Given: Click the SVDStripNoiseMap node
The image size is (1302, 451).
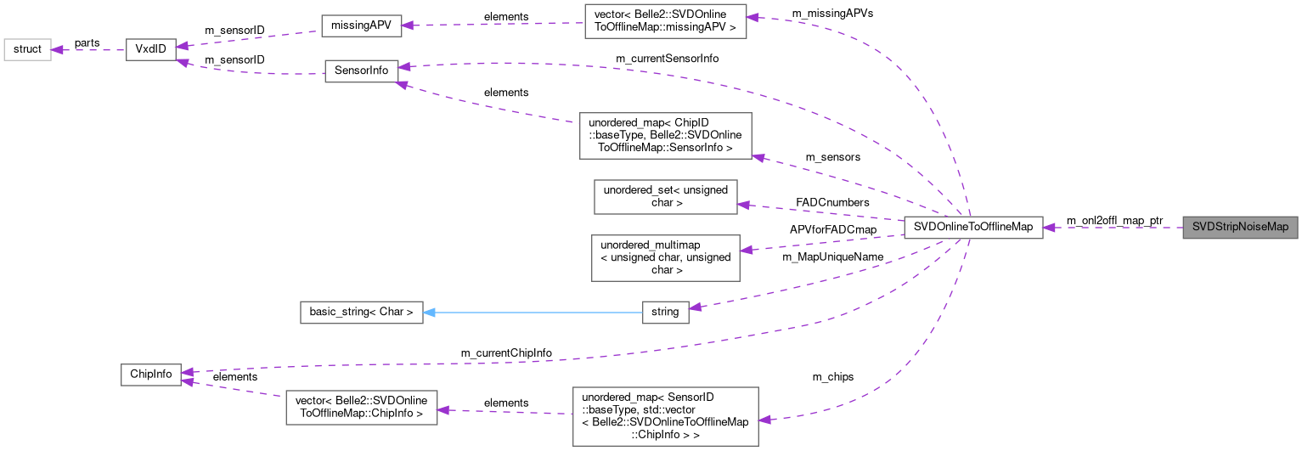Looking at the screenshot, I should [1240, 227].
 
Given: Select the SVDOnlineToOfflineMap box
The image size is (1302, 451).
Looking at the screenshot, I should [973, 227].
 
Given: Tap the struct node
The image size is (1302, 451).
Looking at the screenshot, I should [27, 49].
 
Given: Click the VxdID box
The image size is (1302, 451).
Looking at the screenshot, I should [149, 49].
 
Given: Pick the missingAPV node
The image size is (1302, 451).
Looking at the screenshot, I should [361, 25].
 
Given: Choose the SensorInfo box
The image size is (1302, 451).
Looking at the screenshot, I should [361, 70].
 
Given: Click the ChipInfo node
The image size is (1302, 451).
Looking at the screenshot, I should [150, 373].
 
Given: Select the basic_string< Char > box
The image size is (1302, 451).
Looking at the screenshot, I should [361, 312].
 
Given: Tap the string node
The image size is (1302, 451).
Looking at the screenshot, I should [665, 312].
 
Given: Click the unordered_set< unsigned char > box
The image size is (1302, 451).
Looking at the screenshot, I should [665, 196].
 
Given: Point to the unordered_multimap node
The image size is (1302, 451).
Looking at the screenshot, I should [665, 257].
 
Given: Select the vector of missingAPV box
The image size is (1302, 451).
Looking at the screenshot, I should [665, 20].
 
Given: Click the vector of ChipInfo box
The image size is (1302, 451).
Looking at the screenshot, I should [361, 408].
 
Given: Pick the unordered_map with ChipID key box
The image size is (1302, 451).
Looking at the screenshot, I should [665, 135].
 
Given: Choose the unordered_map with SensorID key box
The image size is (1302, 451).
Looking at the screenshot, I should [665, 416].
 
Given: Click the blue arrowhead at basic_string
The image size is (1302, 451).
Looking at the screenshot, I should [429, 312].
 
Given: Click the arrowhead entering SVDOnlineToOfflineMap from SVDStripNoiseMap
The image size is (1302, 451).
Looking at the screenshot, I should [1049, 227].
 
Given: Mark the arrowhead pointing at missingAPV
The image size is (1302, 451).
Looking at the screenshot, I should [407, 25].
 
